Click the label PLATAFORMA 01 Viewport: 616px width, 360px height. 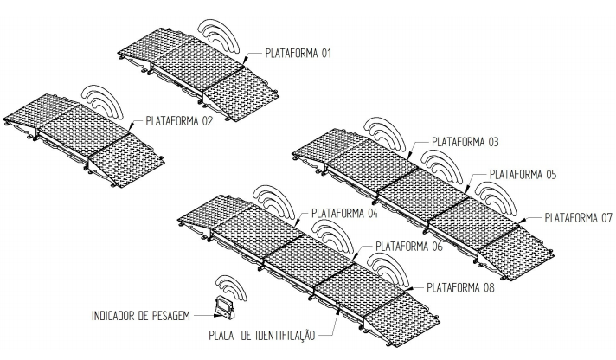[x=298, y=53]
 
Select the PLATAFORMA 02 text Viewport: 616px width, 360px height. [x=179, y=120]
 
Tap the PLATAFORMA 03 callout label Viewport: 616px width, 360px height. [x=465, y=141]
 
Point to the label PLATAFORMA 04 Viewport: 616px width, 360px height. [x=344, y=214]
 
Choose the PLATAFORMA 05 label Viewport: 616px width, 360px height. [x=523, y=175]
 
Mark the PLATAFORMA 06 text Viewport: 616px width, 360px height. [x=409, y=247]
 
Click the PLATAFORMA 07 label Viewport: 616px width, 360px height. [x=579, y=218]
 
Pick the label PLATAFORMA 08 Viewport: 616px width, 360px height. [x=460, y=287]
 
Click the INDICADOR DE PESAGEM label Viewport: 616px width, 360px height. [x=141, y=316]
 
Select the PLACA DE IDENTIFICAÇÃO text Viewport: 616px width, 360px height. [x=261, y=336]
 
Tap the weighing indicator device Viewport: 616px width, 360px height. [x=224, y=309]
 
